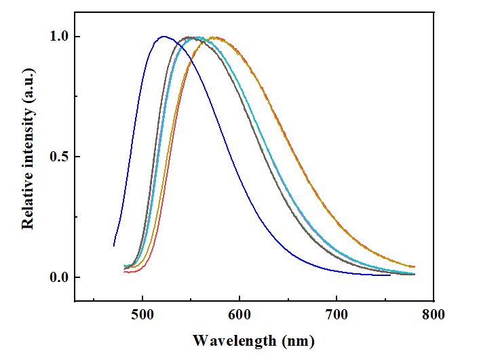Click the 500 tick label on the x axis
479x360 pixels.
[142, 315]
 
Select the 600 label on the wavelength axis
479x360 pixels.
[240, 315]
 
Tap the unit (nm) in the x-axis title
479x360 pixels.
[297, 339]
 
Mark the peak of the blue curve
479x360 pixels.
[164, 37]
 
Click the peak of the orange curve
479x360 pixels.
[215, 37]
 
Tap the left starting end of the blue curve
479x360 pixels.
[114, 245]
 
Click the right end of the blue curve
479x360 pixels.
[390, 275]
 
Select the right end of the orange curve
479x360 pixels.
[414, 266]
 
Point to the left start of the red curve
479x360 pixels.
[125, 272]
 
